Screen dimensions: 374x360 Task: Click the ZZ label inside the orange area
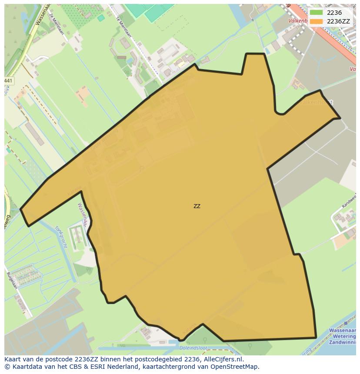coord(197,206)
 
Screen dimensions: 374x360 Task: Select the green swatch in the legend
coord(317,13)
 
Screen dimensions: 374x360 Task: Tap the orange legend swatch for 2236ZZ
coord(317,21)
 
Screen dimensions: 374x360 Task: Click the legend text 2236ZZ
coord(338,21)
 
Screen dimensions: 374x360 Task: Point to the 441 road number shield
coord(8,81)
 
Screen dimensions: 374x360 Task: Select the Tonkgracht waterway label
coord(61,237)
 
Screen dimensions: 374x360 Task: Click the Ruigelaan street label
coord(11,280)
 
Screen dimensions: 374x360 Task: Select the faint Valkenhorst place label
coord(316,103)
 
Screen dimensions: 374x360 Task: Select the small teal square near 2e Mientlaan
coord(101,18)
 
